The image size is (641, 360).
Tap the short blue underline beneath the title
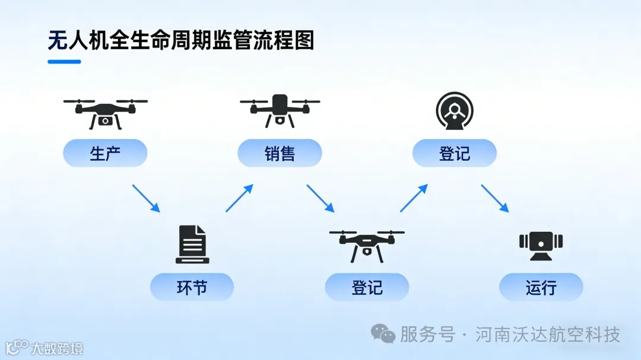click(x=64, y=61)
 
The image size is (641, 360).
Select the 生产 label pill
click(x=105, y=154)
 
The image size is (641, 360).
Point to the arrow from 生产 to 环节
click(x=146, y=198)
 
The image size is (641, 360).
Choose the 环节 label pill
click(x=192, y=288)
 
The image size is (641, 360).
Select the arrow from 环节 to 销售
click(x=239, y=198)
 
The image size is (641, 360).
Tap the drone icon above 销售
click(x=280, y=110)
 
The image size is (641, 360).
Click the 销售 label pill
click(x=280, y=154)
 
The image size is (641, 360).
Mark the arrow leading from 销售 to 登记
click(x=320, y=198)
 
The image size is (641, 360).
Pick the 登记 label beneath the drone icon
click(x=367, y=288)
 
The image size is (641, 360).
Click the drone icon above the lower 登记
click(x=367, y=244)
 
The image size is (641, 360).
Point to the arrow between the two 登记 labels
click(x=414, y=198)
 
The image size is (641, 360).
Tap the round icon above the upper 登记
click(x=455, y=111)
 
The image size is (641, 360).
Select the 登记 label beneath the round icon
click(x=455, y=154)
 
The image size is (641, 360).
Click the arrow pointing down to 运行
click(x=494, y=198)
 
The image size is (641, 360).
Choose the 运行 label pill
click(x=541, y=288)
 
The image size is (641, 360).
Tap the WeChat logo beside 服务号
click(x=383, y=334)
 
